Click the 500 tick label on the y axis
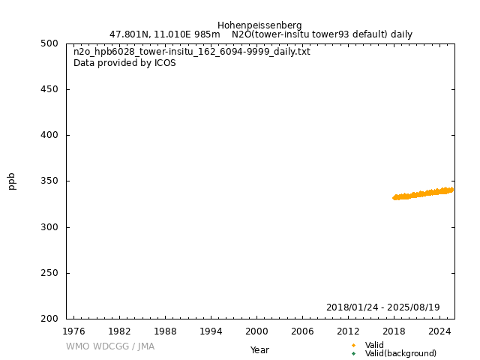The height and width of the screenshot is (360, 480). click(49, 43)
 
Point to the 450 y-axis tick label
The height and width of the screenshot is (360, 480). click(49, 89)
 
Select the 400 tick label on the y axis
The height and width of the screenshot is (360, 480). click(49, 135)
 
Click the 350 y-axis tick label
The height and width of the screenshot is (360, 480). click(49, 181)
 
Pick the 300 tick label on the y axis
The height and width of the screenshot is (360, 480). click(49, 227)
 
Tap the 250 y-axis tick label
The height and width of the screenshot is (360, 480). click(49, 273)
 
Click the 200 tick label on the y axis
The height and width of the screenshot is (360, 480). click(49, 319)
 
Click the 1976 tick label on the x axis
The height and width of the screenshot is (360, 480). click(73, 331)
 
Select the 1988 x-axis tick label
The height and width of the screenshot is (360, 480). click(165, 331)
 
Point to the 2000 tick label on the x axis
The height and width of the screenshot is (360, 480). click(256, 331)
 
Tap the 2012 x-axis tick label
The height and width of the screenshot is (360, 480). click(348, 331)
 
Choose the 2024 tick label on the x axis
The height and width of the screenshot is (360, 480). click(439, 331)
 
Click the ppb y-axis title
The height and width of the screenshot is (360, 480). click(12, 181)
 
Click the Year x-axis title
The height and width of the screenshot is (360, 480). click(259, 350)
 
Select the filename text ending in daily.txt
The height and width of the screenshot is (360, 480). click(191, 52)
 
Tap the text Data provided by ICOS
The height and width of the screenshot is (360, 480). click(124, 63)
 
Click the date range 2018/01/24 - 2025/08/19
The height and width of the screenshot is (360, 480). click(382, 307)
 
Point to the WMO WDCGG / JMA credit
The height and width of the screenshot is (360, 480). click(109, 346)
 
